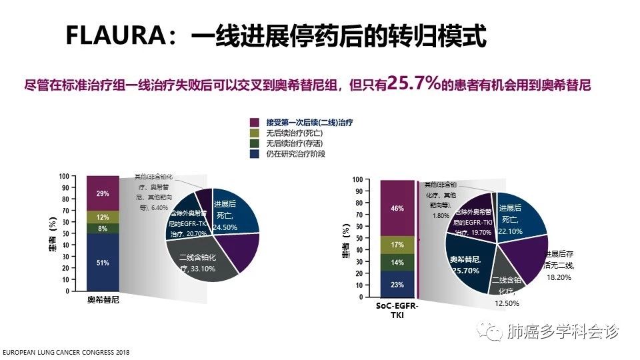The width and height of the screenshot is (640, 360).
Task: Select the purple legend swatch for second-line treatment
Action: coord(254,123)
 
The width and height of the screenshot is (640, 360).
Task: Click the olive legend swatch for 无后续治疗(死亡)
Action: coord(254,133)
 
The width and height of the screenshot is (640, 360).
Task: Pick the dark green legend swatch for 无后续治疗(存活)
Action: coord(254,143)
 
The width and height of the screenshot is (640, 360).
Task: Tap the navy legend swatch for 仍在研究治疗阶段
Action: coord(254,153)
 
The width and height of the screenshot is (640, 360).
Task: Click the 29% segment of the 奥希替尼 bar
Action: coord(103,193)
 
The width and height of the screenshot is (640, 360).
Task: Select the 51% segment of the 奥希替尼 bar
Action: coord(103,263)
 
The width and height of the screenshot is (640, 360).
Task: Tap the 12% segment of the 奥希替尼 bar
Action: coord(103,217)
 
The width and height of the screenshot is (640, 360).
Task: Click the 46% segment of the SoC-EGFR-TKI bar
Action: coord(397,208)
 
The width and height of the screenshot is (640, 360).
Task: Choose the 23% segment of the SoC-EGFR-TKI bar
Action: coord(397,284)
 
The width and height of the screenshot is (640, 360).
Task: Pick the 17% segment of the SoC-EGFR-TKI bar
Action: coord(397,245)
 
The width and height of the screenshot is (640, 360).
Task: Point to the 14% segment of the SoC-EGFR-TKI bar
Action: coord(397,263)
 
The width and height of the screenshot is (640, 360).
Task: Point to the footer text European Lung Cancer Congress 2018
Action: coord(65,352)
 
